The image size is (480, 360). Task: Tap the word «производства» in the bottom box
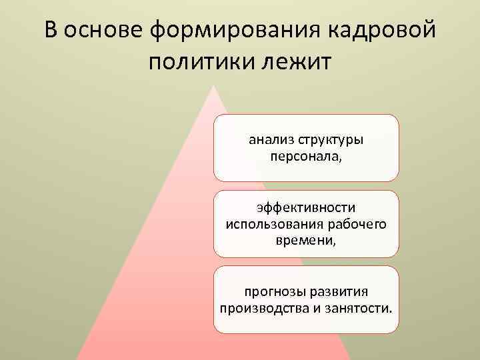coord(261,309)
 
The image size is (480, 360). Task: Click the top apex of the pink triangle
coord(213,86)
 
